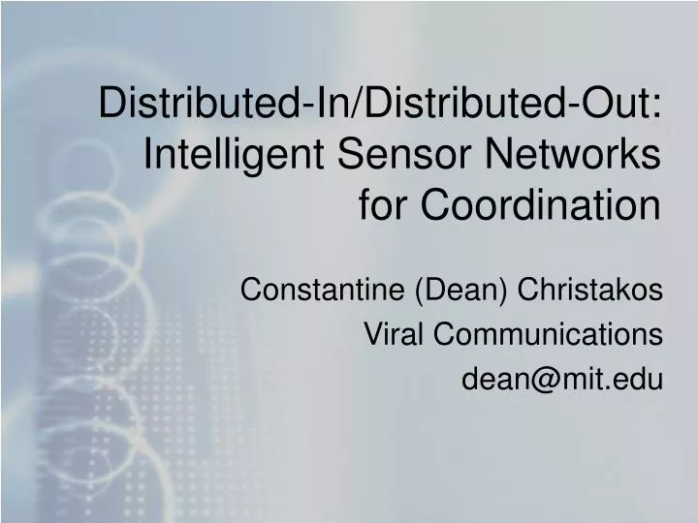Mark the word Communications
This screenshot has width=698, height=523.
coord(549,334)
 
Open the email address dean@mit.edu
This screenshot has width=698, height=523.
coord(562,380)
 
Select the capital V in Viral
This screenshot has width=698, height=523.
coord(372,334)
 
